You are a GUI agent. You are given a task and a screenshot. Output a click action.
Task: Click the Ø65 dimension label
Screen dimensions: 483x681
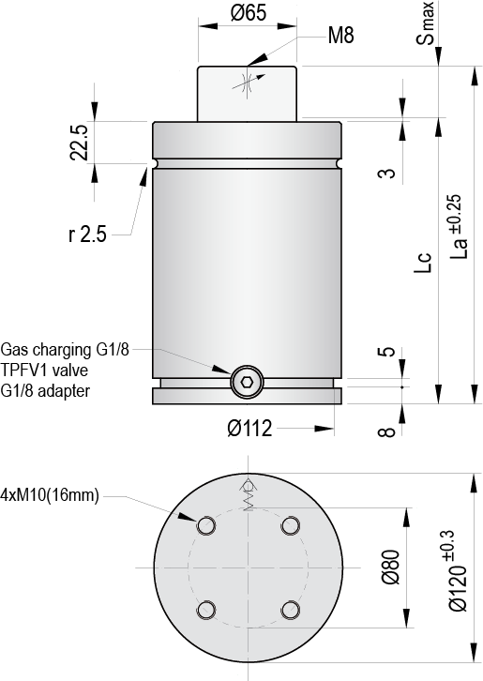pyautogui.click(x=248, y=12)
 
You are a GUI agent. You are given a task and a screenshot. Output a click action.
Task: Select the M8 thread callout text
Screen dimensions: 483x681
pyautogui.click(x=341, y=35)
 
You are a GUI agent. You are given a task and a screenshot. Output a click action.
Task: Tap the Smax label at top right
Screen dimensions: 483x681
pyautogui.click(x=426, y=23)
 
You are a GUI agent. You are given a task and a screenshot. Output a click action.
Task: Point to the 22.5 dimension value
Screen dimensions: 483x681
pyautogui.click(x=80, y=143)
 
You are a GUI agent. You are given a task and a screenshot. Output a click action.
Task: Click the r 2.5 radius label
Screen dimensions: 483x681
pyautogui.click(x=87, y=235)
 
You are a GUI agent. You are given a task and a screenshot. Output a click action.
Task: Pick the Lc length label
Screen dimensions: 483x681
pyautogui.click(x=423, y=263)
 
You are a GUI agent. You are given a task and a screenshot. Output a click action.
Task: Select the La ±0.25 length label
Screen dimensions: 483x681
pyautogui.click(x=459, y=227)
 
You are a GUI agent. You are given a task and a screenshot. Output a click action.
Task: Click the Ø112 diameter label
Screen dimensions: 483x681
pyautogui.click(x=249, y=429)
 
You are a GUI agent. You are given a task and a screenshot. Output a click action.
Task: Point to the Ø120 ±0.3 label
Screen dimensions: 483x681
pyautogui.click(x=459, y=570)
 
